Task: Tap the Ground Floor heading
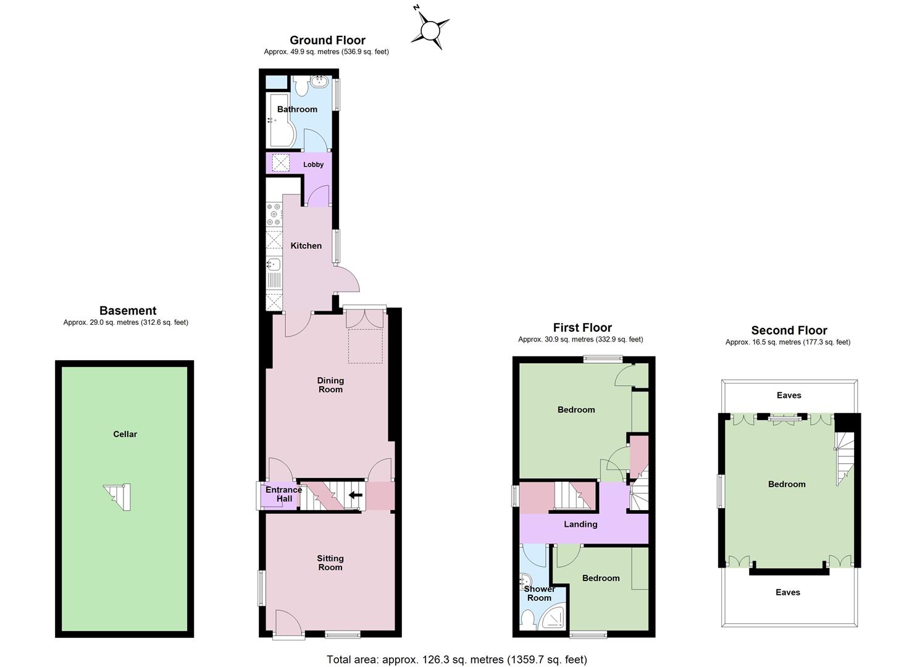click(327, 40)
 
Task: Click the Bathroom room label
click(297, 109)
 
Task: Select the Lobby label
click(314, 165)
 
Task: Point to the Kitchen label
click(306, 246)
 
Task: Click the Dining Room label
click(331, 385)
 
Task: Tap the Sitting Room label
click(330, 563)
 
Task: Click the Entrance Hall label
click(283, 494)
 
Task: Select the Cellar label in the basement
click(125, 434)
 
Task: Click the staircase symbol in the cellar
click(118, 497)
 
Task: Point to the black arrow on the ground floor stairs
click(355, 495)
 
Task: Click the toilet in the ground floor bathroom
click(302, 86)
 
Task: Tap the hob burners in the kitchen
click(274, 214)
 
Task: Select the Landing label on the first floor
click(580, 524)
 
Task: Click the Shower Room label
click(540, 594)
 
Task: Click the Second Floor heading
click(789, 330)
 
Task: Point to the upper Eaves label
click(789, 395)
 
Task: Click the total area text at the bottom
click(457, 660)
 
